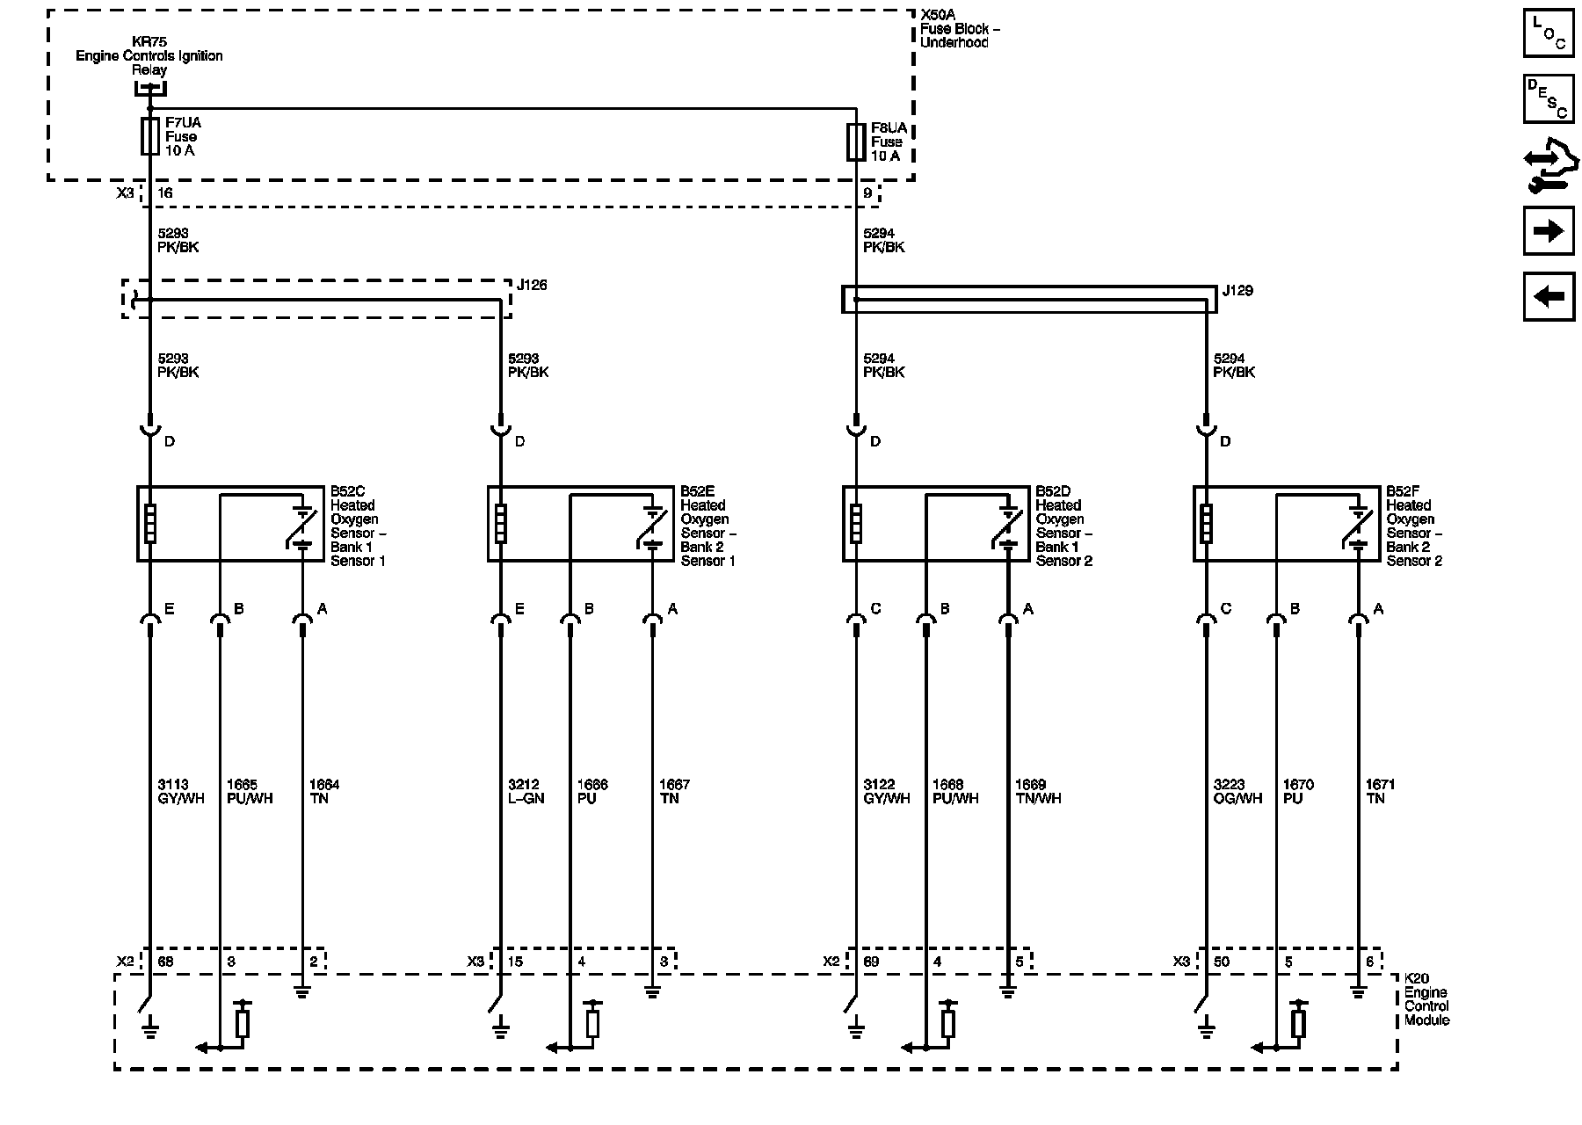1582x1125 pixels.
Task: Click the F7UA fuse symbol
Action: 150,136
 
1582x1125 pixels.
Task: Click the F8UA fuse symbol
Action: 856,142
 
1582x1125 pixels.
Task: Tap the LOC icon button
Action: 1548,33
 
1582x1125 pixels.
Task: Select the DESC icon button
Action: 1548,98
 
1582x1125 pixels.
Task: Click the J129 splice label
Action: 1237,290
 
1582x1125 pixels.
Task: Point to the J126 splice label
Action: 532,285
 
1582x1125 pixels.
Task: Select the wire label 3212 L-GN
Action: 526,792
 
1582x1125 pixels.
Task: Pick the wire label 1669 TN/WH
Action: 1038,792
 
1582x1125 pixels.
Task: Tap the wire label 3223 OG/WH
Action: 1236,792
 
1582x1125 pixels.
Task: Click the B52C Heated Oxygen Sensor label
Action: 358,526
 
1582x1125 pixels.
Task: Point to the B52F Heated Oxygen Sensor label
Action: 1414,526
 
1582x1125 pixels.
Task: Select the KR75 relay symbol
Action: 150,88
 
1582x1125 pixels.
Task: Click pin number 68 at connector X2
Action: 164,962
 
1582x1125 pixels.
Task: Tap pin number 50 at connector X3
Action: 1221,962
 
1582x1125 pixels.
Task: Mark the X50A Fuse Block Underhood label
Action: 959,29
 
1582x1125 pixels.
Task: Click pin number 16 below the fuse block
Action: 164,193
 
